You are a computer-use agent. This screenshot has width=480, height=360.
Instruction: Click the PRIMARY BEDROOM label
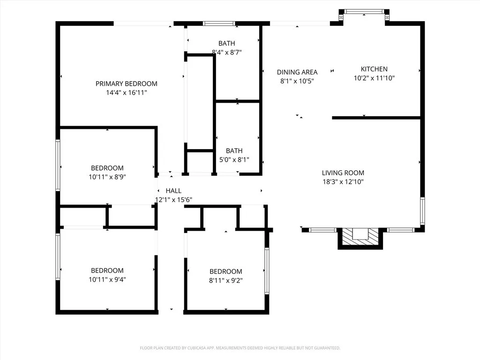pos(126,84)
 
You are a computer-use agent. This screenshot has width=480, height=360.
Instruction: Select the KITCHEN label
pos(374,69)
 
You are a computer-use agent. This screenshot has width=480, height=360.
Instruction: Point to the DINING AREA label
pos(297,72)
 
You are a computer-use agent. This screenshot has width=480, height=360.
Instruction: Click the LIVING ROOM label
pos(343,173)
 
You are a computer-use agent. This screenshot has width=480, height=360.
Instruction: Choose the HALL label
pos(173,191)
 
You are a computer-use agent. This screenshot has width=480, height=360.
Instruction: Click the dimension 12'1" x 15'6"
pos(173,200)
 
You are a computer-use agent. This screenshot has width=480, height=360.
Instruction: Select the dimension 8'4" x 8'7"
pos(227,52)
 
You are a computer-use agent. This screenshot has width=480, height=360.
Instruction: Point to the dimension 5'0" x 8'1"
pos(234,160)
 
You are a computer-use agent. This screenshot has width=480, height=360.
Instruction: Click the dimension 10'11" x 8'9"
pos(107,177)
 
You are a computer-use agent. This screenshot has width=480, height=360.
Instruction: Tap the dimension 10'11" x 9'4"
pos(107,279)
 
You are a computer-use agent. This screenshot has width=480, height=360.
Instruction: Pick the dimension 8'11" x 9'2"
pos(225,280)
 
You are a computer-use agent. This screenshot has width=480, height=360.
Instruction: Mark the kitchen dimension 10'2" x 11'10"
pos(374,78)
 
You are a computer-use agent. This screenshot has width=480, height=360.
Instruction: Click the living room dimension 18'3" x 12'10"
pos(343,182)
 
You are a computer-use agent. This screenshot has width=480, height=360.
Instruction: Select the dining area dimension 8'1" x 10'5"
pos(297,81)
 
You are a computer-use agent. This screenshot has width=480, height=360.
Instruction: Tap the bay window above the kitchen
pos(364,12)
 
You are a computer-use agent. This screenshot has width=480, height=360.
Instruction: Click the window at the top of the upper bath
pos(219,23)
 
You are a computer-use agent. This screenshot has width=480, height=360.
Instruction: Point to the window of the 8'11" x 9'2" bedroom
pos(267,271)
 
